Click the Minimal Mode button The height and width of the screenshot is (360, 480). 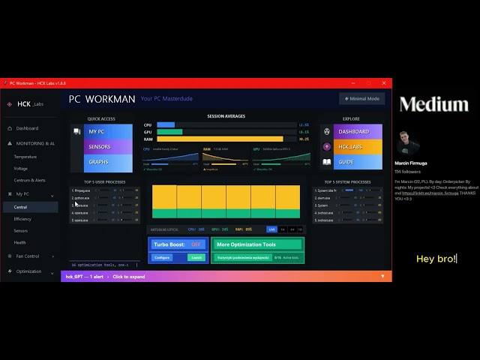(x=362, y=98)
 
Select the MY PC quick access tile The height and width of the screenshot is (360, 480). (x=108, y=132)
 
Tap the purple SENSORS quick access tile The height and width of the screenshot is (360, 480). (x=108, y=147)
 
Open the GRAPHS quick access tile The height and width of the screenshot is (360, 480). (x=108, y=161)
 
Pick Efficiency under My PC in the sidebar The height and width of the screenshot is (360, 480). (x=22, y=219)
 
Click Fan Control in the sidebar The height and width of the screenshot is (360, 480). (x=28, y=256)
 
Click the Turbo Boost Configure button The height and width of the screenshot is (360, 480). (x=161, y=257)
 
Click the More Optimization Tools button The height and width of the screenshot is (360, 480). (x=256, y=244)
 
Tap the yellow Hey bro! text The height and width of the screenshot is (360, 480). (x=436, y=259)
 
